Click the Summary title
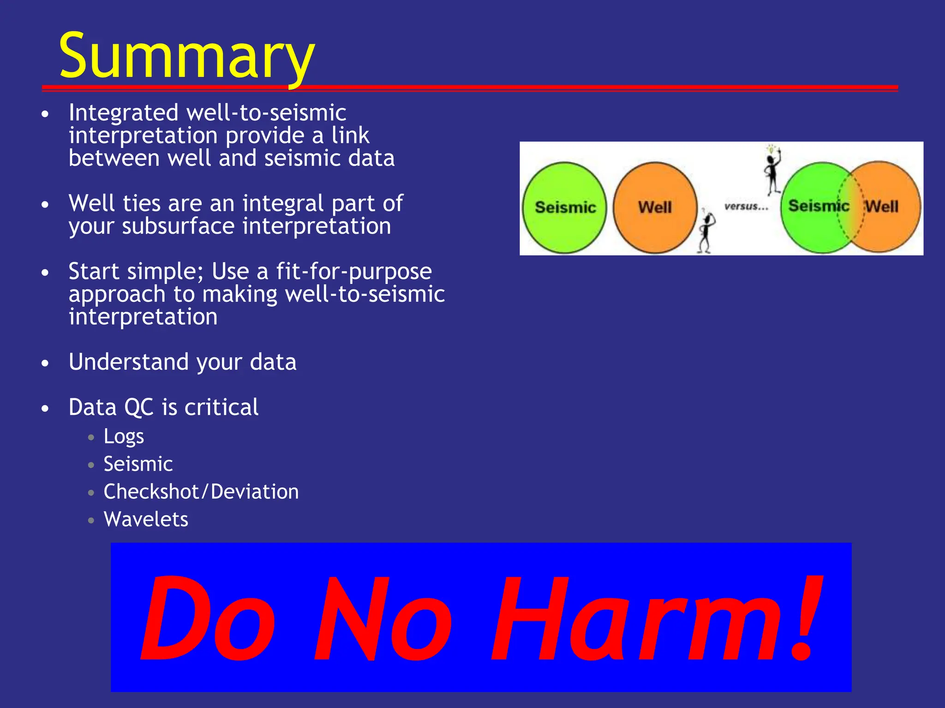pos(187,56)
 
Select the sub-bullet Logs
pos(124,436)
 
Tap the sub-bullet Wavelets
pos(146,519)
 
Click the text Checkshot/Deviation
pos(201,492)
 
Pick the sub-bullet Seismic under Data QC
pos(138,464)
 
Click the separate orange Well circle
pos(655,207)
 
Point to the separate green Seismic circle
pos(565,207)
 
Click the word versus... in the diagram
pos(746,206)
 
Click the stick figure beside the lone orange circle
pos(706,230)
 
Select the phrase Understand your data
pos(182,362)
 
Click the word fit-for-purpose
pos(354,271)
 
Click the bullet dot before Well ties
pos(45,204)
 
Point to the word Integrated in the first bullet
pos(123,113)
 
